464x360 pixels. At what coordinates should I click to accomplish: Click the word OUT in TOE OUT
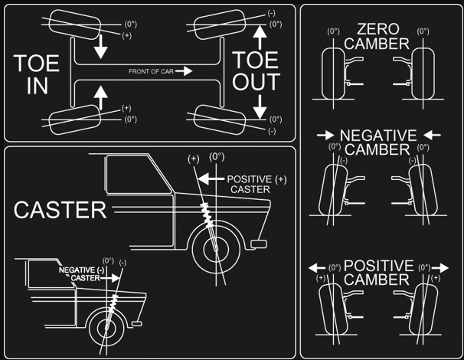click(255, 82)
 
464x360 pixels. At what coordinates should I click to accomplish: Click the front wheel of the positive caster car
click(217, 250)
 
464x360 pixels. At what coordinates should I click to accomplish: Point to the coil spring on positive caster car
click(206, 214)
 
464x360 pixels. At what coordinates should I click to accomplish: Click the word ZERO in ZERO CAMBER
click(376, 30)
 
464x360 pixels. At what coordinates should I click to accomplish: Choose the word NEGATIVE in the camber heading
click(376, 135)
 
